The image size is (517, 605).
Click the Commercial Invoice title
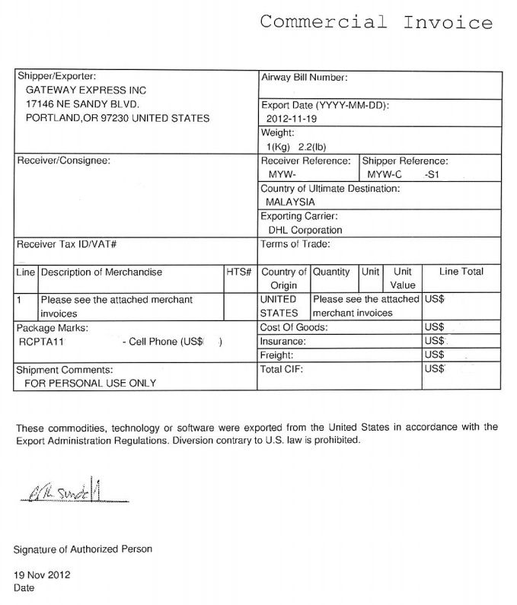[x=375, y=22]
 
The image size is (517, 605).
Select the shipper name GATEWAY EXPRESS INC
[x=85, y=90]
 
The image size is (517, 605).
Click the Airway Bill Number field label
[x=305, y=78]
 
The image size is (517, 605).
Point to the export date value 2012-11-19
[x=294, y=119]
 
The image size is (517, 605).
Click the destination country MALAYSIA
[x=290, y=202]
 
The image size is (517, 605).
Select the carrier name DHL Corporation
[x=305, y=230]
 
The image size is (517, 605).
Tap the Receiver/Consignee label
[x=63, y=161]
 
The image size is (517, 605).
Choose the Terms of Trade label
[x=295, y=244]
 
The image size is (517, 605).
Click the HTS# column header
[x=238, y=272]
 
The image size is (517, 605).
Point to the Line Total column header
[x=461, y=272]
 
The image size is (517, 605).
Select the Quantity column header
[x=331, y=272]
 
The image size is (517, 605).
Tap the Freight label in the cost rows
[x=277, y=355]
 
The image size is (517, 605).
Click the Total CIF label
[x=282, y=369]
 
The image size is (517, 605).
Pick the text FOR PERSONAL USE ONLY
[x=90, y=383]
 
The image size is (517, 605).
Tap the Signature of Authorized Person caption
[x=83, y=549]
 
